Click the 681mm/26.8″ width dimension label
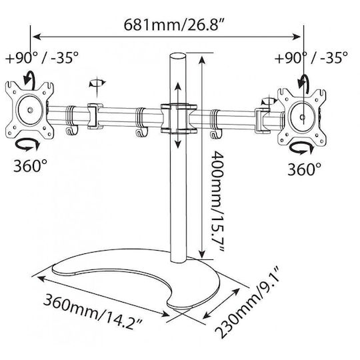[174, 25]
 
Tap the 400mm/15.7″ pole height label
[217, 201]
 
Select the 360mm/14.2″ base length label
[93, 311]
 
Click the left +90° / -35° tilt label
[41, 57]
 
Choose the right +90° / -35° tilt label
[311, 57]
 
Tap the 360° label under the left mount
[30, 166]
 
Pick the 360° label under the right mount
[305, 169]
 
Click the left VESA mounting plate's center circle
[29, 110]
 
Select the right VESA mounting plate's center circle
[302, 117]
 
